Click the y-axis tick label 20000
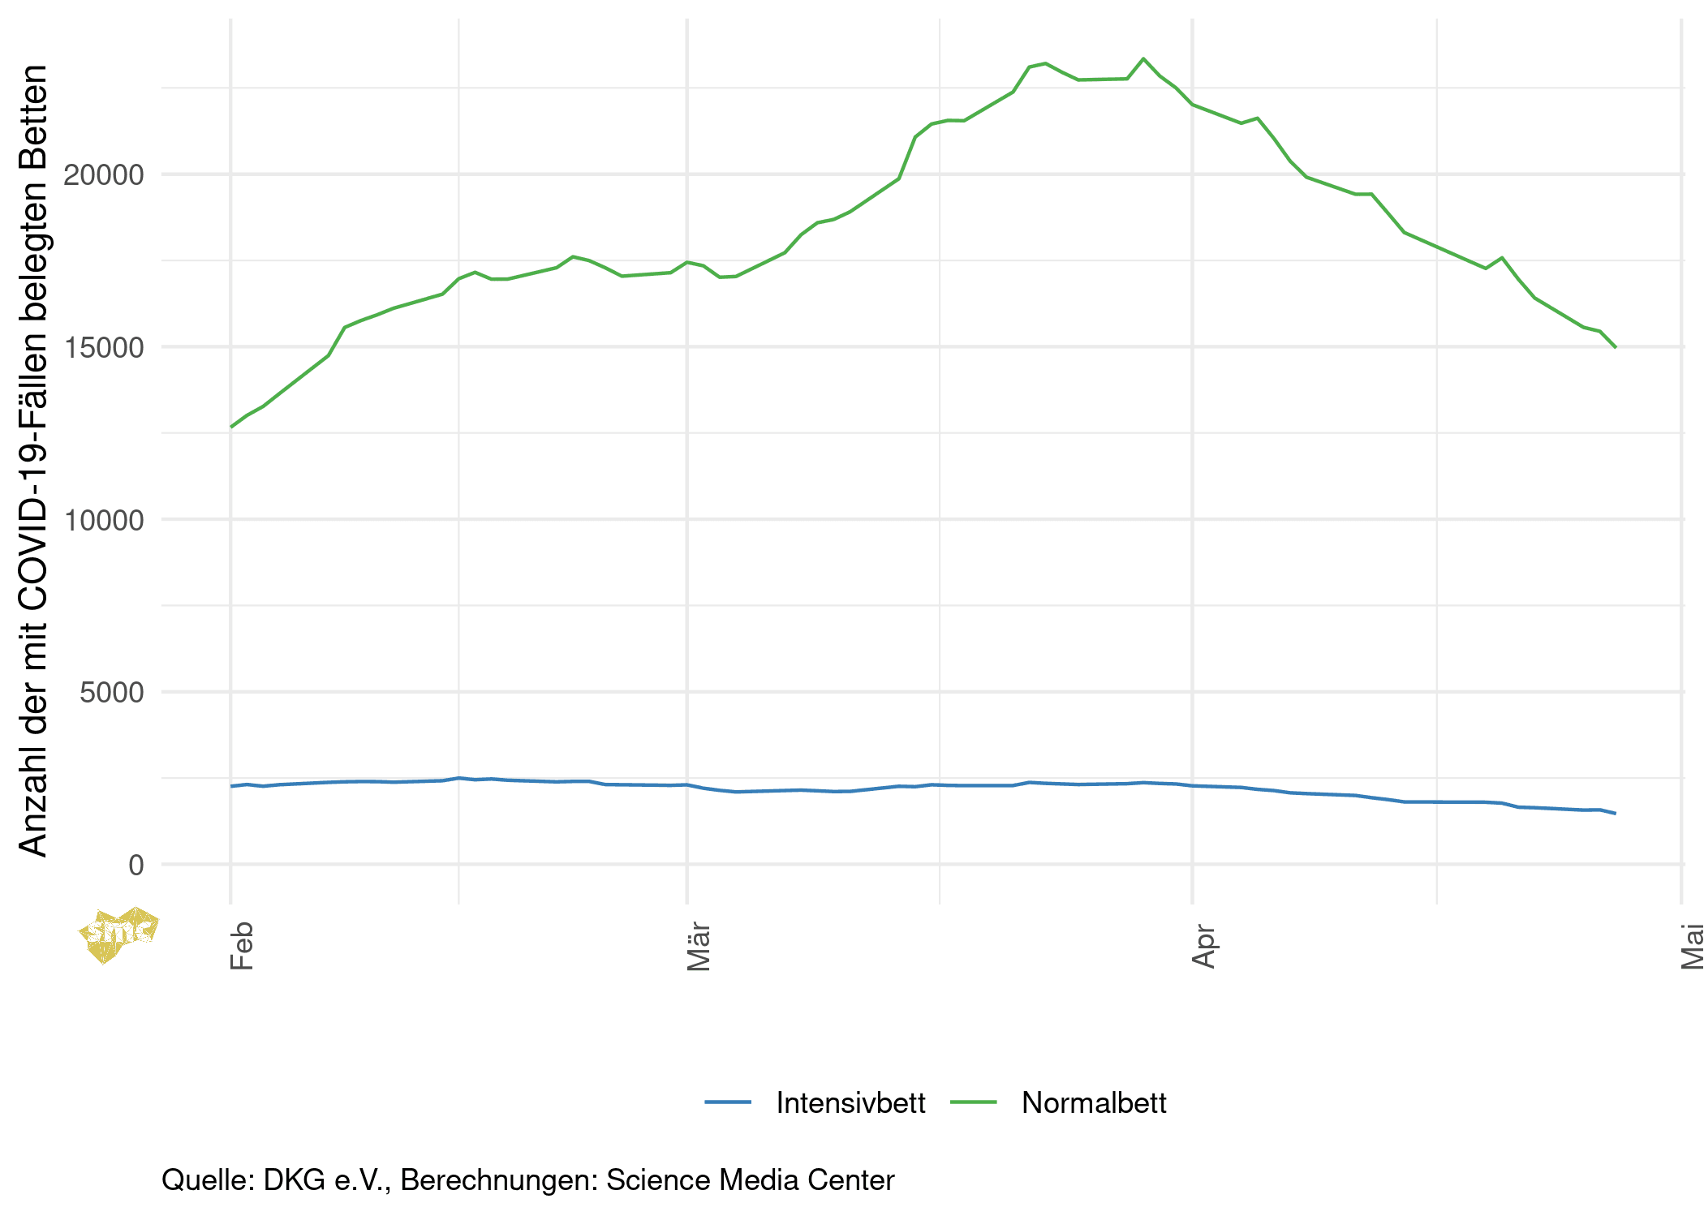coord(103,175)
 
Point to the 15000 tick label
coord(103,348)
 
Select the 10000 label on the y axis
coord(103,521)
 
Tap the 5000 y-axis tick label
coord(111,693)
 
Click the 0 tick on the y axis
coord(136,866)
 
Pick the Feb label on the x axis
coord(242,946)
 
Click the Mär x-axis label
coord(699,947)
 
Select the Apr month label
coord(1204,947)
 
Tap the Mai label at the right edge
coord(1693,947)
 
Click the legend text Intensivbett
coord(850,1103)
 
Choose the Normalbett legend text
coord(1094,1103)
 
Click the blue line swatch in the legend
coord(728,1102)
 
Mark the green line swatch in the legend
coord(973,1102)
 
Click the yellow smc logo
coord(118,935)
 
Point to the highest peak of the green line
coord(1143,58)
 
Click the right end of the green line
coord(1616,347)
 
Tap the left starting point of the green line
coord(231,427)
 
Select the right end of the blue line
coord(1616,813)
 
